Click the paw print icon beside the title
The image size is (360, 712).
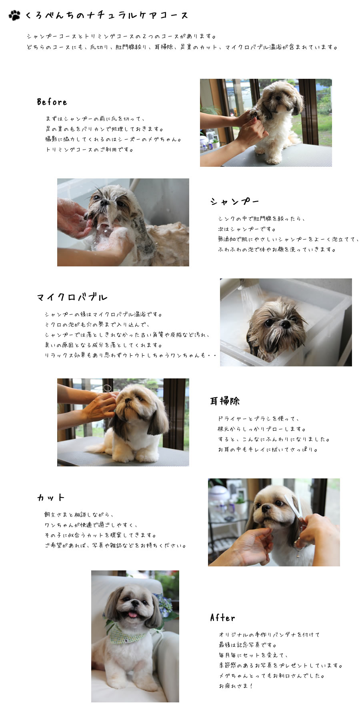pos(14,15)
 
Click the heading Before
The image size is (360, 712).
pos(52,102)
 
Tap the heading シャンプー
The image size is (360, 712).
pos(235,202)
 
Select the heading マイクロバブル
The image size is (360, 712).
pos(72,297)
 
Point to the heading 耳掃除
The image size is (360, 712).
pos(225,401)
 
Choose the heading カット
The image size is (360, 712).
pos(51,498)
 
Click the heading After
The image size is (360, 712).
pos(222,618)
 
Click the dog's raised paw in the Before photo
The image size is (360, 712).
pos(254,114)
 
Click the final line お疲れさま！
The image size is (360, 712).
pos(236,686)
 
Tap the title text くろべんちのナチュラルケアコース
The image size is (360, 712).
pos(106,16)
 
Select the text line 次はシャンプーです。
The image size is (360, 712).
pos(247,229)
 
